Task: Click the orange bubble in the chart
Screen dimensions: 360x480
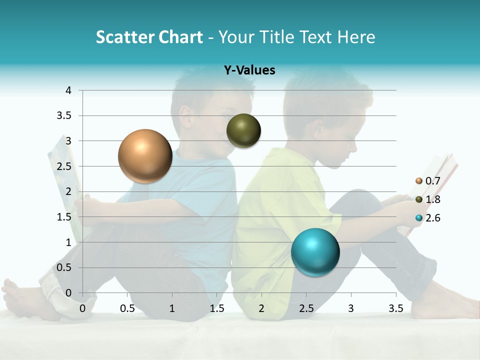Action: (145, 156)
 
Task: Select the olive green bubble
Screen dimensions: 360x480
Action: (243, 130)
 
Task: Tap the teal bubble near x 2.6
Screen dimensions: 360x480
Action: (315, 252)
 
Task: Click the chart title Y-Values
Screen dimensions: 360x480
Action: (249, 70)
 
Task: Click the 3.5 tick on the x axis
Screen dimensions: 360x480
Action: (395, 308)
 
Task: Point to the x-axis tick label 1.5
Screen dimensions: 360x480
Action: (217, 308)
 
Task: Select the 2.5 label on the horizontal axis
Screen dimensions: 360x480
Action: (306, 308)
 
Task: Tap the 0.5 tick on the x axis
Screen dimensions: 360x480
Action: (127, 308)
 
